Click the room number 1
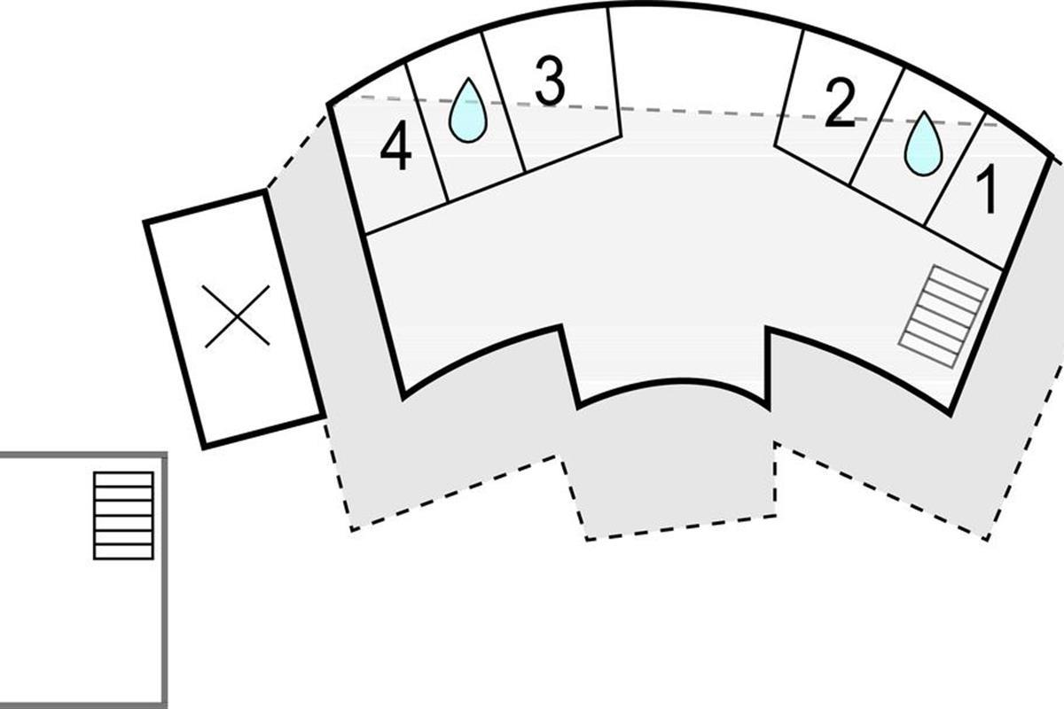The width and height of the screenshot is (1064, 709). pos(986,189)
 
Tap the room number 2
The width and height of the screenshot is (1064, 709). pos(840,103)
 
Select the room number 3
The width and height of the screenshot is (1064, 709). pos(550,82)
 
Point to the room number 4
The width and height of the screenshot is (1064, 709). pos(395,144)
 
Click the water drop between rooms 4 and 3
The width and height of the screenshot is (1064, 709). pos(468,110)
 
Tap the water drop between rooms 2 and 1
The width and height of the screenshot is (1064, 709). pos(923,144)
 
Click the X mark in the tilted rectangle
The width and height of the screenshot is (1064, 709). pos(237,316)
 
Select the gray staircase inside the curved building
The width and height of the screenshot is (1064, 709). pos(943,316)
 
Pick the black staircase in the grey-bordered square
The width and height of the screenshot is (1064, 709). pos(123,516)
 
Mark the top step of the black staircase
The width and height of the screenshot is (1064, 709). pos(123,479)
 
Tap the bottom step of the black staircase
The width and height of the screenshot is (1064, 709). pos(123,552)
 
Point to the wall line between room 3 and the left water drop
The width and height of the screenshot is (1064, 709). pos(504,101)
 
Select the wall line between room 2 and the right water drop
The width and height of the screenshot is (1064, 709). pos(876,127)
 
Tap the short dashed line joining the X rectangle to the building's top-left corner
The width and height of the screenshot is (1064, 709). pos(297,152)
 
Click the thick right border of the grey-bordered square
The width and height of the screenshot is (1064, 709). pos(164,580)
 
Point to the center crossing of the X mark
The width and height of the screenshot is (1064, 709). pos(237,316)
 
